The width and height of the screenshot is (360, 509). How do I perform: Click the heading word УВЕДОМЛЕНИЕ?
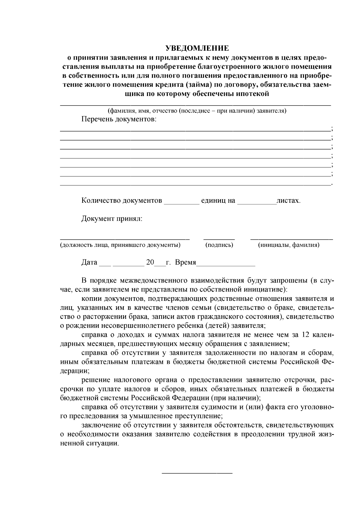click(x=197, y=48)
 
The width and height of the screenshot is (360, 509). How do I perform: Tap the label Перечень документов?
click(x=119, y=119)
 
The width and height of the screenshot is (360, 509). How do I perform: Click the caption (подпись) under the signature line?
click(x=219, y=245)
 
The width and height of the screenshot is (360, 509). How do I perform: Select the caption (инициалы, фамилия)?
click(x=289, y=245)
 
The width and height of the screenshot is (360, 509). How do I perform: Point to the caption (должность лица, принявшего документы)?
click(x=120, y=245)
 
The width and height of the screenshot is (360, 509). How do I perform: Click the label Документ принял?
click(x=112, y=219)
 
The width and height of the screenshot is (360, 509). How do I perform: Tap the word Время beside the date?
click(x=185, y=262)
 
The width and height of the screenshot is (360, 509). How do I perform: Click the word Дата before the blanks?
click(x=89, y=262)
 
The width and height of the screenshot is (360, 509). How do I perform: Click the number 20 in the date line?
click(x=150, y=262)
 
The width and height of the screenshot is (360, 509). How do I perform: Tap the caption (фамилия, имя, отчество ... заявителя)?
click(x=197, y=111)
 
